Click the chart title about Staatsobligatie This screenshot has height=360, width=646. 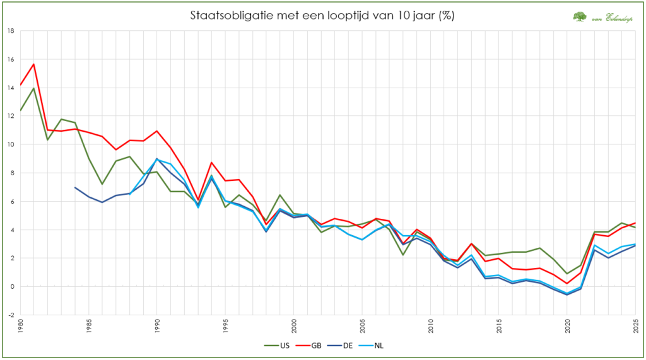pyautogui.click(x=322, y=15)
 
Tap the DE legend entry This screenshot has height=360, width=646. pyautogui.click(x=349, y=345)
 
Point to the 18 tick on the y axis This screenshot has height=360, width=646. pyautogui.click(x=11, y=30)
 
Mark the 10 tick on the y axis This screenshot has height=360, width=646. pyautogui.click(x=11, y=144)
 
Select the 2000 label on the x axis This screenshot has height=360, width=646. pyautogui.click(x=294, y=326)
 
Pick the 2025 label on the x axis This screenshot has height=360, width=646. pyautogui.click(x=635, y=326)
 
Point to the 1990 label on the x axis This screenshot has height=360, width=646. pyautogui.click(x=157, y=326)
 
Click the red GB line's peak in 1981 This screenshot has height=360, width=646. pyautogui.click(x=34, y=64)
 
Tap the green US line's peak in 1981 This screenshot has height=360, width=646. pyautogui.click(x=34, y=88)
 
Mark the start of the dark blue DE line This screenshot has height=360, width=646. pyautogui.click(x=75, y=187)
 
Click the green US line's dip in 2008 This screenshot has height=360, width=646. pyautogui.click(x=402, y=255)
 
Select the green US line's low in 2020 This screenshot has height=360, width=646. pyautogui.click(x=567, y=274)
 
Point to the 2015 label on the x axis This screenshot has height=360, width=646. pyautogui.click(x=498, y=326)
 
